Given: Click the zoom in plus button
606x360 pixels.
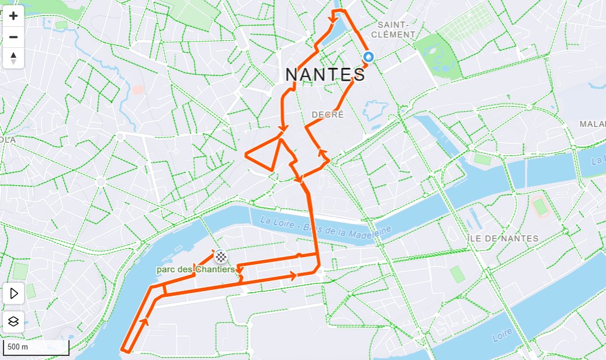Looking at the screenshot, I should click(x=13, y=16).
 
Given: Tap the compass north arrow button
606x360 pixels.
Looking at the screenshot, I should click(x=13, y=58).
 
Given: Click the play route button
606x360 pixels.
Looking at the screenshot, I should click(x=13, y=293).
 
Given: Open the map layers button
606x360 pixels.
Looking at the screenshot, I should click(x=13, y=321).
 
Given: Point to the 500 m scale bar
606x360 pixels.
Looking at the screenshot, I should click(x=35, y=347).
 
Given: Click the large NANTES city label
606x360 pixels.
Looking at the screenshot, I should click(x=325, y=74).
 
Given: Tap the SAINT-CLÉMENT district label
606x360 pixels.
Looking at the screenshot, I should click(x=396, y=30).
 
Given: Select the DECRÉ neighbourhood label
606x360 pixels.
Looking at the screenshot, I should click(x=328, y=115).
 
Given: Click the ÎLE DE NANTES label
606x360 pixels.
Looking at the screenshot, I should click(x=503, y=238).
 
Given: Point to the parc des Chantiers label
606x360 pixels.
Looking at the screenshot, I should click(x=195, y=269).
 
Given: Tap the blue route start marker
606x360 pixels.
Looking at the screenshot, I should click(x=369, y=57).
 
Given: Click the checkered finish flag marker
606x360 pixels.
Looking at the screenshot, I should click(x=221, y=255).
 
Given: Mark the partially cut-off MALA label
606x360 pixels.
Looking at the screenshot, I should click(x=592, y=124).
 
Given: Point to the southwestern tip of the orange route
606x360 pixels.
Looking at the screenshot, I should click(x=124, y=350).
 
